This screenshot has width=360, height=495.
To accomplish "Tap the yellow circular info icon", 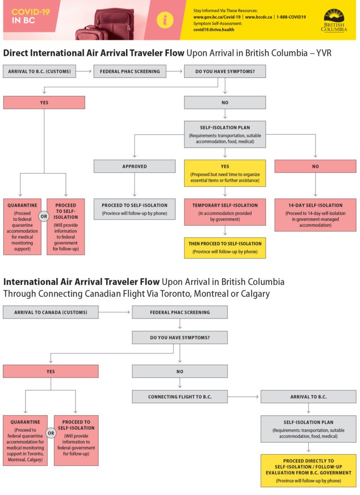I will (x=165, y=20).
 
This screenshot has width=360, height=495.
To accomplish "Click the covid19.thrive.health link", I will (x=213, y=30).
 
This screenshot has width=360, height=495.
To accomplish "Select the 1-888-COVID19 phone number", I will (x=291, y=17).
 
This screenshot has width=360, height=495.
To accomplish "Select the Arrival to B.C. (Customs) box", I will (x=39, y=71).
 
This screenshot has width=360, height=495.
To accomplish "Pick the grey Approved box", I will (x=135, y=166).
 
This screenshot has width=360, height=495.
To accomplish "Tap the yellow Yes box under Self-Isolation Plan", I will (x=225, y=173).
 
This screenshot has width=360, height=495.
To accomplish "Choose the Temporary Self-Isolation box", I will (x=225, y=212).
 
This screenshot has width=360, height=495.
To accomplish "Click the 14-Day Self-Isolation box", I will (x=315, y=215).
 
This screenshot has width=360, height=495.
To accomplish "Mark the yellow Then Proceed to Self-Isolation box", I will (x=225, y=248).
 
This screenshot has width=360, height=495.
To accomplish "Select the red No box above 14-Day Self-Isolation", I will (x=315, y=166).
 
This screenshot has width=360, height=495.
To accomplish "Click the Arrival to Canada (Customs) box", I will (x=51, y=312).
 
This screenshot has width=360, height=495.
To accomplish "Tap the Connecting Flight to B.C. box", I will (x=180, y=396).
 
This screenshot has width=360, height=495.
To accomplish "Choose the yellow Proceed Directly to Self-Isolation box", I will (x=308, y=471).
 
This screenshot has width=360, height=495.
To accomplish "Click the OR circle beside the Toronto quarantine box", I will (x=51, y=433).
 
